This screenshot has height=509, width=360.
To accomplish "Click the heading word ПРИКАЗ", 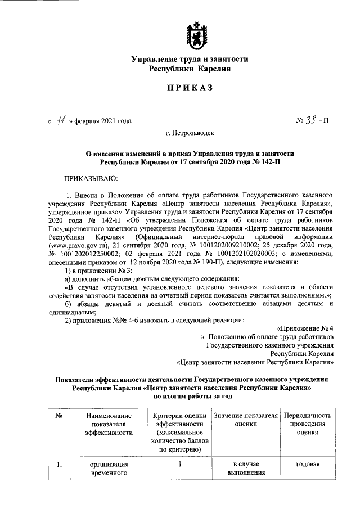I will [x=189, y=88].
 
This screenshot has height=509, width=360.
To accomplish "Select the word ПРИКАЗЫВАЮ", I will [x=91, y=178].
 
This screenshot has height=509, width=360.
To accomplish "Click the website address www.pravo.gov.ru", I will [x=79, y=246].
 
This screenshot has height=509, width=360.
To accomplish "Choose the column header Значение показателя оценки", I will [x=246, y=420].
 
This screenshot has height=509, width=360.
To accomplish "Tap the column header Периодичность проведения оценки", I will [x=308, y=424].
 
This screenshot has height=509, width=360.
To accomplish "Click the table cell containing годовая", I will [x=308, y=465].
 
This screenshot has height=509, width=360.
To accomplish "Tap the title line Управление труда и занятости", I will [x=190, y=59].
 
